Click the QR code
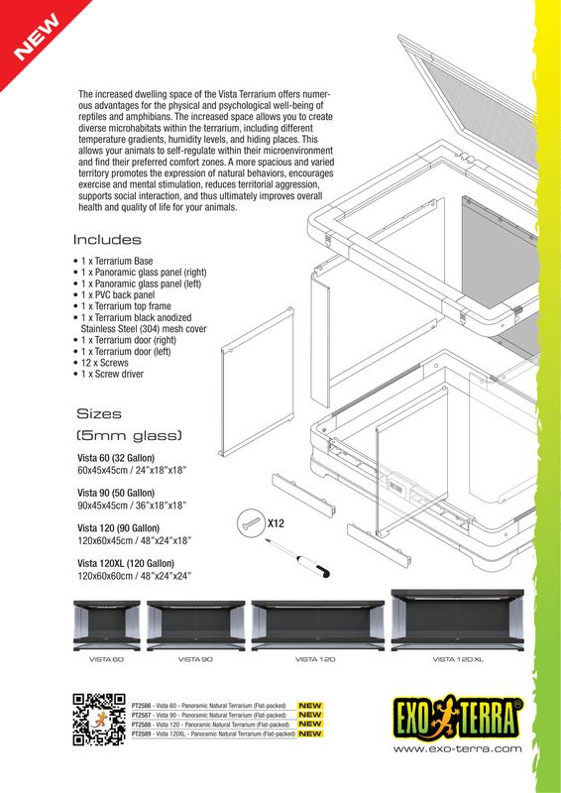tap(99, 721)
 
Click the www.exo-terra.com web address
tap(457, 749)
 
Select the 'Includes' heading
tap(107, 240)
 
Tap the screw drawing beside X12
tap(250, 525)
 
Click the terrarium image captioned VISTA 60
tap(108, 624)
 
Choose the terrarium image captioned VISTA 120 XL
tap(458, 620)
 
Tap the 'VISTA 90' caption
tap(195, 659)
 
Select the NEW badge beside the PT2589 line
tap(310, 735)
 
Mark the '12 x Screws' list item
tap(109, 363)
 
